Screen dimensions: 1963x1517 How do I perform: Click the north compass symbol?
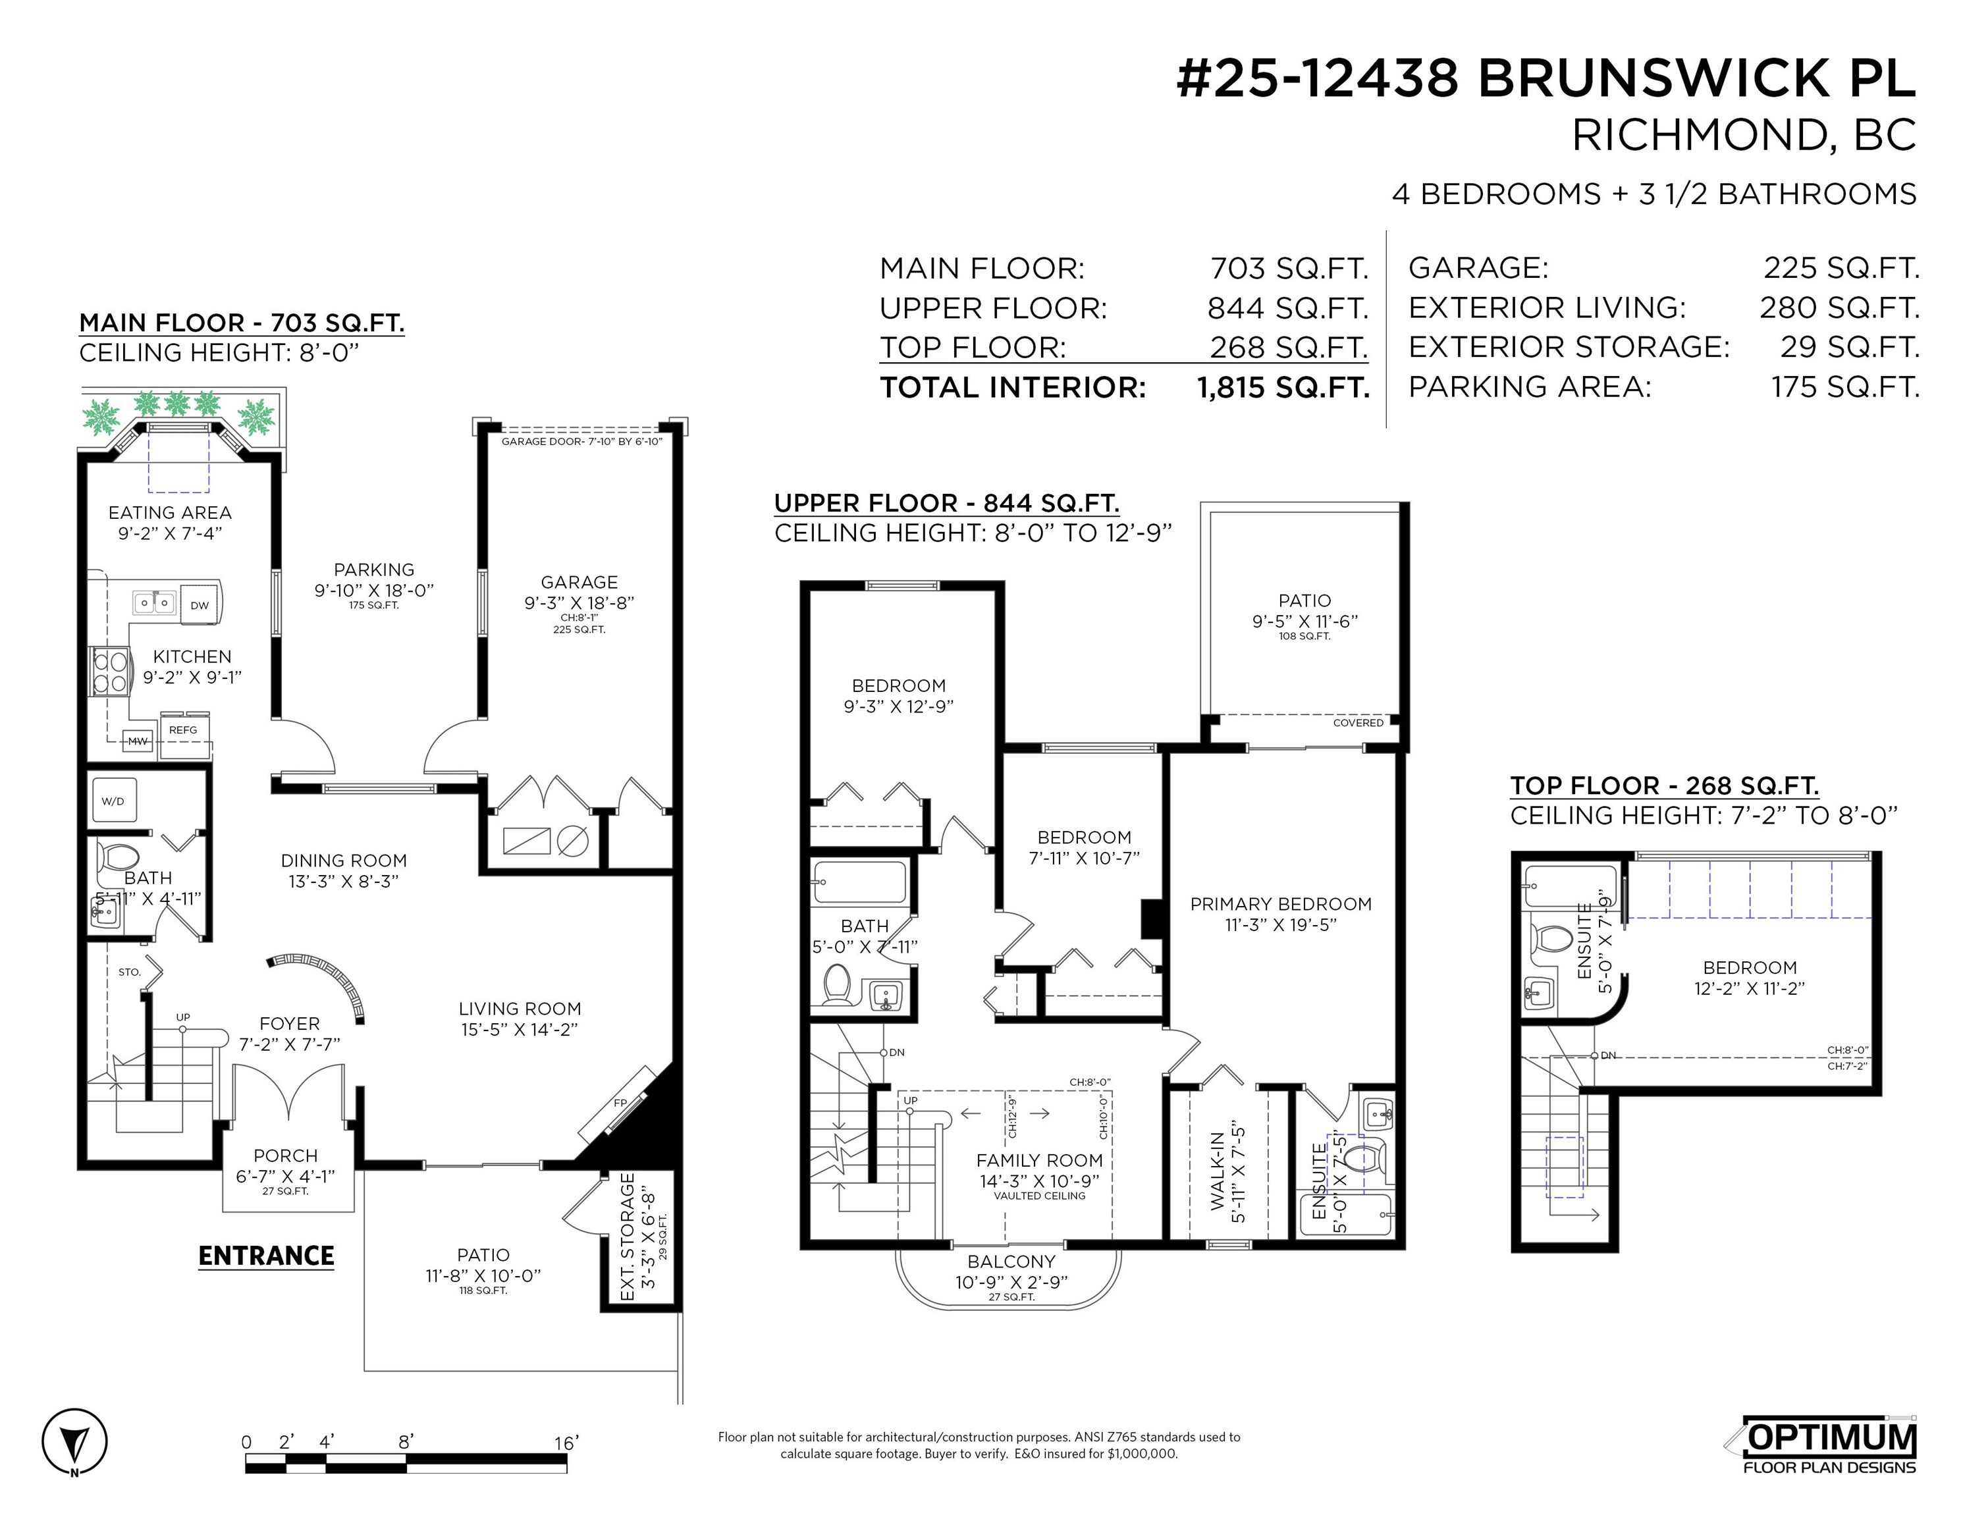[74, 1441]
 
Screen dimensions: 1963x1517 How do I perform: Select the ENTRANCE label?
[266, 1256]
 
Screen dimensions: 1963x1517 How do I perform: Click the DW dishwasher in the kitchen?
[200, 605]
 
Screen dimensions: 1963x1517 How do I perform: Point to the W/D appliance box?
[114, 801]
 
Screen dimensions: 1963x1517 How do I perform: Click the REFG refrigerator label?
[183, 730]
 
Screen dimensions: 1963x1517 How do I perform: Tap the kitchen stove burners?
[111, 672]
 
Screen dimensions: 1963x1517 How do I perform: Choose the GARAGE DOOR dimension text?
[581, 441]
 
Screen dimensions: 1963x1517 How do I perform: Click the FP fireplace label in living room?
[620, 1103]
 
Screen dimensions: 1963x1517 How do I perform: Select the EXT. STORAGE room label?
[628, 1236]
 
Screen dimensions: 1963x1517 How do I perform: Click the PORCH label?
[286, 1155]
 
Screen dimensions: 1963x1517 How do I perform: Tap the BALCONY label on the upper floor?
[1011, 1261]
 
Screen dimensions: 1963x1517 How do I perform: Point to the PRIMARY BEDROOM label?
[1281, 903]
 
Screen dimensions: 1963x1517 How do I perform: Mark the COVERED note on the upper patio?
[1358, 722]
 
